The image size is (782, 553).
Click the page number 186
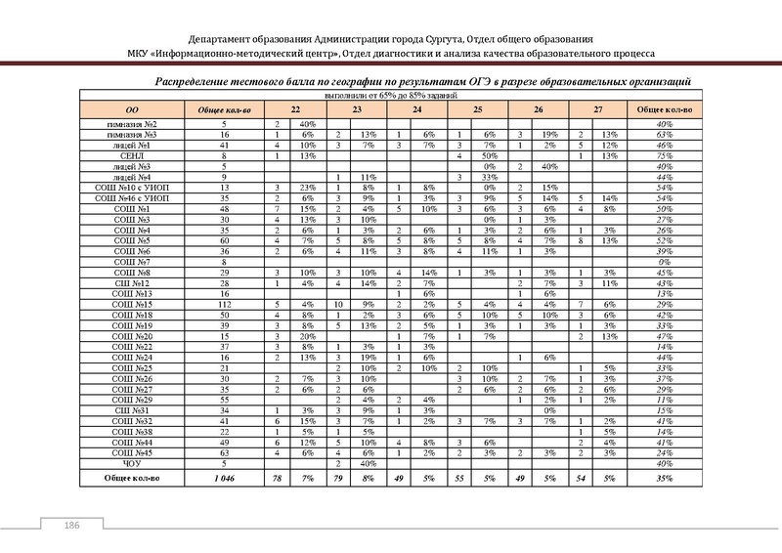pos(70,527)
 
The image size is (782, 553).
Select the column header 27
pos(597,110)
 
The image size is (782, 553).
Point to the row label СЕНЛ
pos(132,155)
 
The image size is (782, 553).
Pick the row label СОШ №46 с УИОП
pos(132,197)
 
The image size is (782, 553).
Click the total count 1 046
pos(224,478)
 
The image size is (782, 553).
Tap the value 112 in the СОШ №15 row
pos(224,306)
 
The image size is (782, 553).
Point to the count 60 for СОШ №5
pos(224,239)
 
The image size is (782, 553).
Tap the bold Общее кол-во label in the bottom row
pos(132,478)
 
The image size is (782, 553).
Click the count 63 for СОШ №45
pos(224,453)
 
